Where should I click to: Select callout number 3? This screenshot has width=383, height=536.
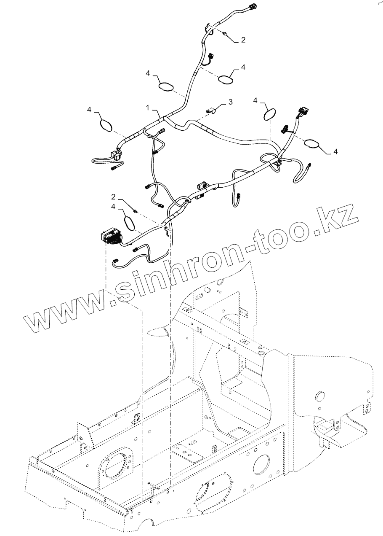tap(230, 102)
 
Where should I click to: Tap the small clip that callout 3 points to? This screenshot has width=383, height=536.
tap(211, 110)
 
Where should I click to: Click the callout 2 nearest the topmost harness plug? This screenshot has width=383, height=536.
tap(243, 40)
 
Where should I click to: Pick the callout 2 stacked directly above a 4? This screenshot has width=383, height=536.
tap(114, 197)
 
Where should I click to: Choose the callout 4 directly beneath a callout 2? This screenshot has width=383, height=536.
tap(114, 206)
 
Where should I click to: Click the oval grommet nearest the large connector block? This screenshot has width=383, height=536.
tap(130, 223)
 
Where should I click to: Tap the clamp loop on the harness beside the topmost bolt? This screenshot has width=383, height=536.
tap(209, 28)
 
